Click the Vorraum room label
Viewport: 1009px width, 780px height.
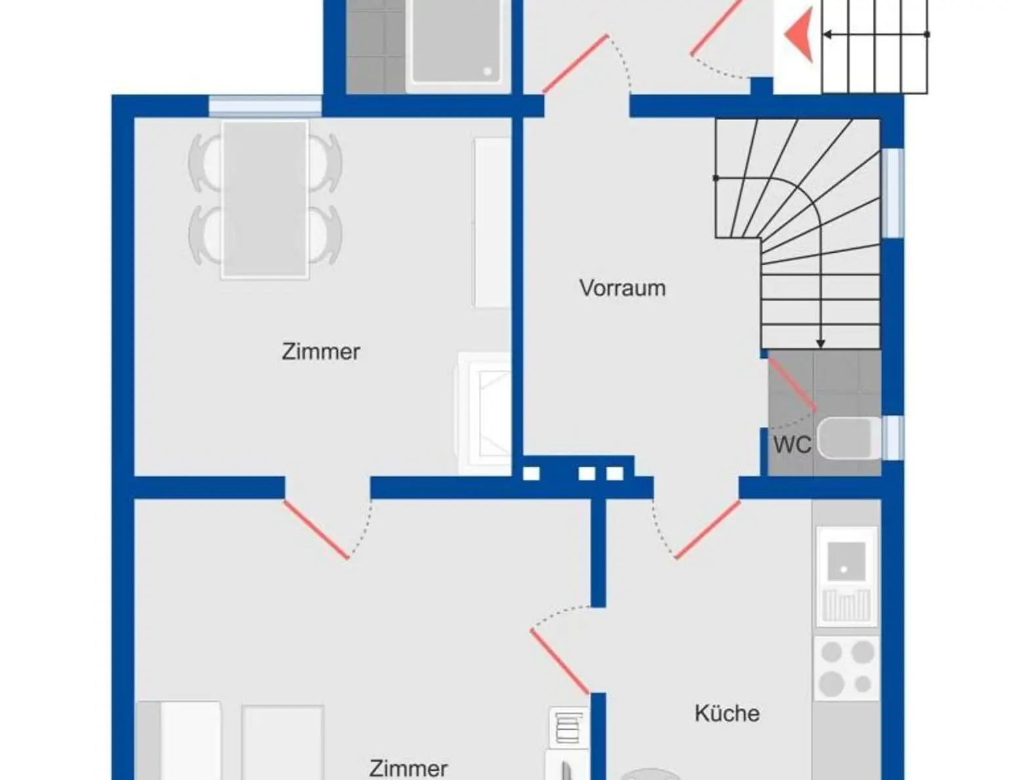coord(622,288)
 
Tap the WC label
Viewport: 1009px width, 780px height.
coord(792,444)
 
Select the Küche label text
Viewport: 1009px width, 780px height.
coord(727,713)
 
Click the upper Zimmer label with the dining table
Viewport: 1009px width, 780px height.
coord(321,352)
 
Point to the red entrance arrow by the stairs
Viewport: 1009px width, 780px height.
coord(799,34)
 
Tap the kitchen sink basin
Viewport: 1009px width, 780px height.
coord(846,561)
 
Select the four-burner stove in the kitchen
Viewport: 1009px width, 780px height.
coord(847,668)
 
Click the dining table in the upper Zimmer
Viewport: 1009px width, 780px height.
coord(265,200)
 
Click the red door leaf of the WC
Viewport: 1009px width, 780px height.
coord(792,385)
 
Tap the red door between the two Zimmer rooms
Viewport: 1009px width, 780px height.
coord(316,529)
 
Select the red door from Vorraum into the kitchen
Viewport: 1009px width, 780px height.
coord(707,529)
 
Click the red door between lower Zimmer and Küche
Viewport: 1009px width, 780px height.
coord(560,661)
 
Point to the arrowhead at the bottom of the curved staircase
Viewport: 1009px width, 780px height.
coord(820,343)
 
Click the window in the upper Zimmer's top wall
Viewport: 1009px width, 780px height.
coord(265,106)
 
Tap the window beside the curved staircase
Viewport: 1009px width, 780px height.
coord(893,193)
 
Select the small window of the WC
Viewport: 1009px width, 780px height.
coord(893,437)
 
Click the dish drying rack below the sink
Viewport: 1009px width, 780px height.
coord(846,606)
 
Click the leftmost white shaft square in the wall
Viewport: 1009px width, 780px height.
coord(531,474)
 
